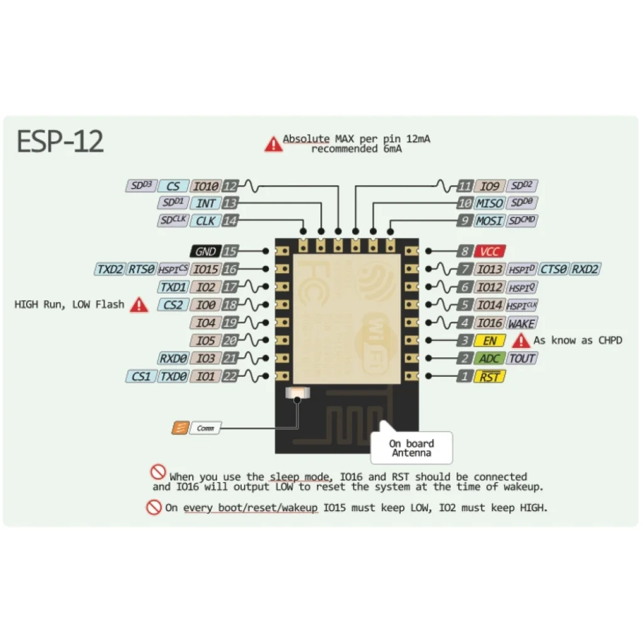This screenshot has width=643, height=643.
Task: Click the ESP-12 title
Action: (x=60, y=142)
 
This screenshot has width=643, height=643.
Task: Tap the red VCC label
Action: (x=490, y=251)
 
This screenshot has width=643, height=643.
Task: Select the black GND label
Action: (x=205, y=251)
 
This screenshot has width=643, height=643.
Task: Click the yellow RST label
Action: (x=490, y=377)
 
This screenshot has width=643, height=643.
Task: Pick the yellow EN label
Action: (x=490, y=341)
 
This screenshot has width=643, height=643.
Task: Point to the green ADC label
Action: (x=489, y=359)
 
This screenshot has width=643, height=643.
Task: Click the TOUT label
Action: (x=522, y=359)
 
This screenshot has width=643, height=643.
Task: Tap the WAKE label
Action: (x=522, y=323)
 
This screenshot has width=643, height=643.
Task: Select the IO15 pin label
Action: (x=205, y=269)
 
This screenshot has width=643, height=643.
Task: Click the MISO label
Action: (x=489, y=203)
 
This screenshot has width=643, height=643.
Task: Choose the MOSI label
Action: (x=489, y=221)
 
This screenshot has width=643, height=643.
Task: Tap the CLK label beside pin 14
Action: (x=205, y=221)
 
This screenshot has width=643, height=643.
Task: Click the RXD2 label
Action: (x=585, y=269)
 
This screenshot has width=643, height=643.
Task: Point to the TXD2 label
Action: (x=110, y=269)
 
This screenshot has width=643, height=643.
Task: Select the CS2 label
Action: (x=173, y=305)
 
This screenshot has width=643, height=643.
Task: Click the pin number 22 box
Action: (x=230, y=377)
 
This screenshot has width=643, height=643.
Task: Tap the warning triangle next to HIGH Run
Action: (x=139, y=305)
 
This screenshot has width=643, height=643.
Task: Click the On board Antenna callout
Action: (x=412, y=448)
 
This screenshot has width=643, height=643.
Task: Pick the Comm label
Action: (x=205, y=428)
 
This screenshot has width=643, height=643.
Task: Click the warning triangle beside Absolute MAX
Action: (x=273, y=144)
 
